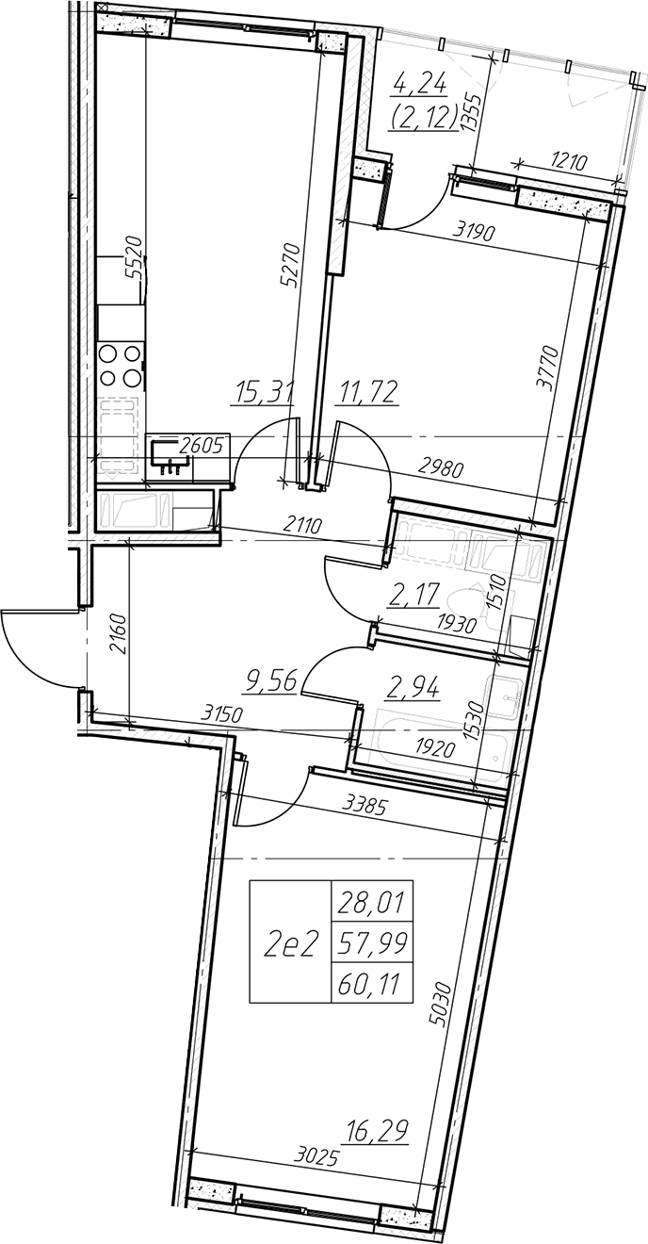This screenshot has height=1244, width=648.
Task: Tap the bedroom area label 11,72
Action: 366,393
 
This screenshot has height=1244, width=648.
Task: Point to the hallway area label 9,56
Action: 271,679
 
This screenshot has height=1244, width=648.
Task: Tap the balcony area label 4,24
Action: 420,87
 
